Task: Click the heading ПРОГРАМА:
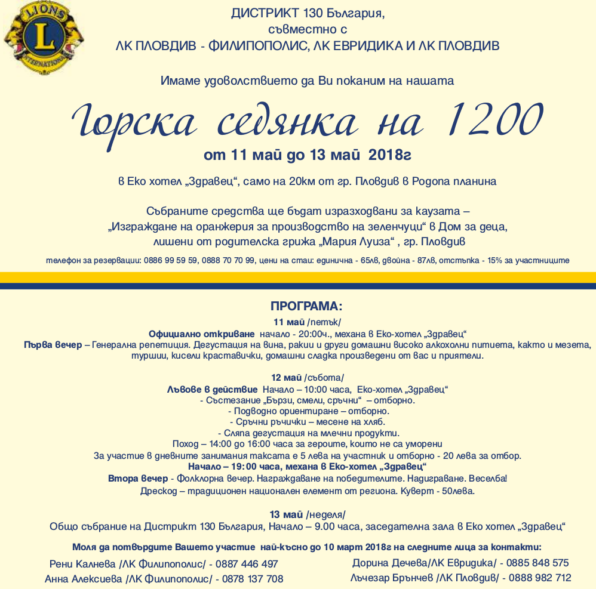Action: point(306,307)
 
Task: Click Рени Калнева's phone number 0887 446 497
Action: point(247,564)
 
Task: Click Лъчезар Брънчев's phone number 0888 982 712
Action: point(540,578)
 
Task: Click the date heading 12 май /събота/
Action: point(307,378)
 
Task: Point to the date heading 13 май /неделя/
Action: point(307,514)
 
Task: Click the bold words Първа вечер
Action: point(53,345)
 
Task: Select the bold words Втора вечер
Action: point(138,479)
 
